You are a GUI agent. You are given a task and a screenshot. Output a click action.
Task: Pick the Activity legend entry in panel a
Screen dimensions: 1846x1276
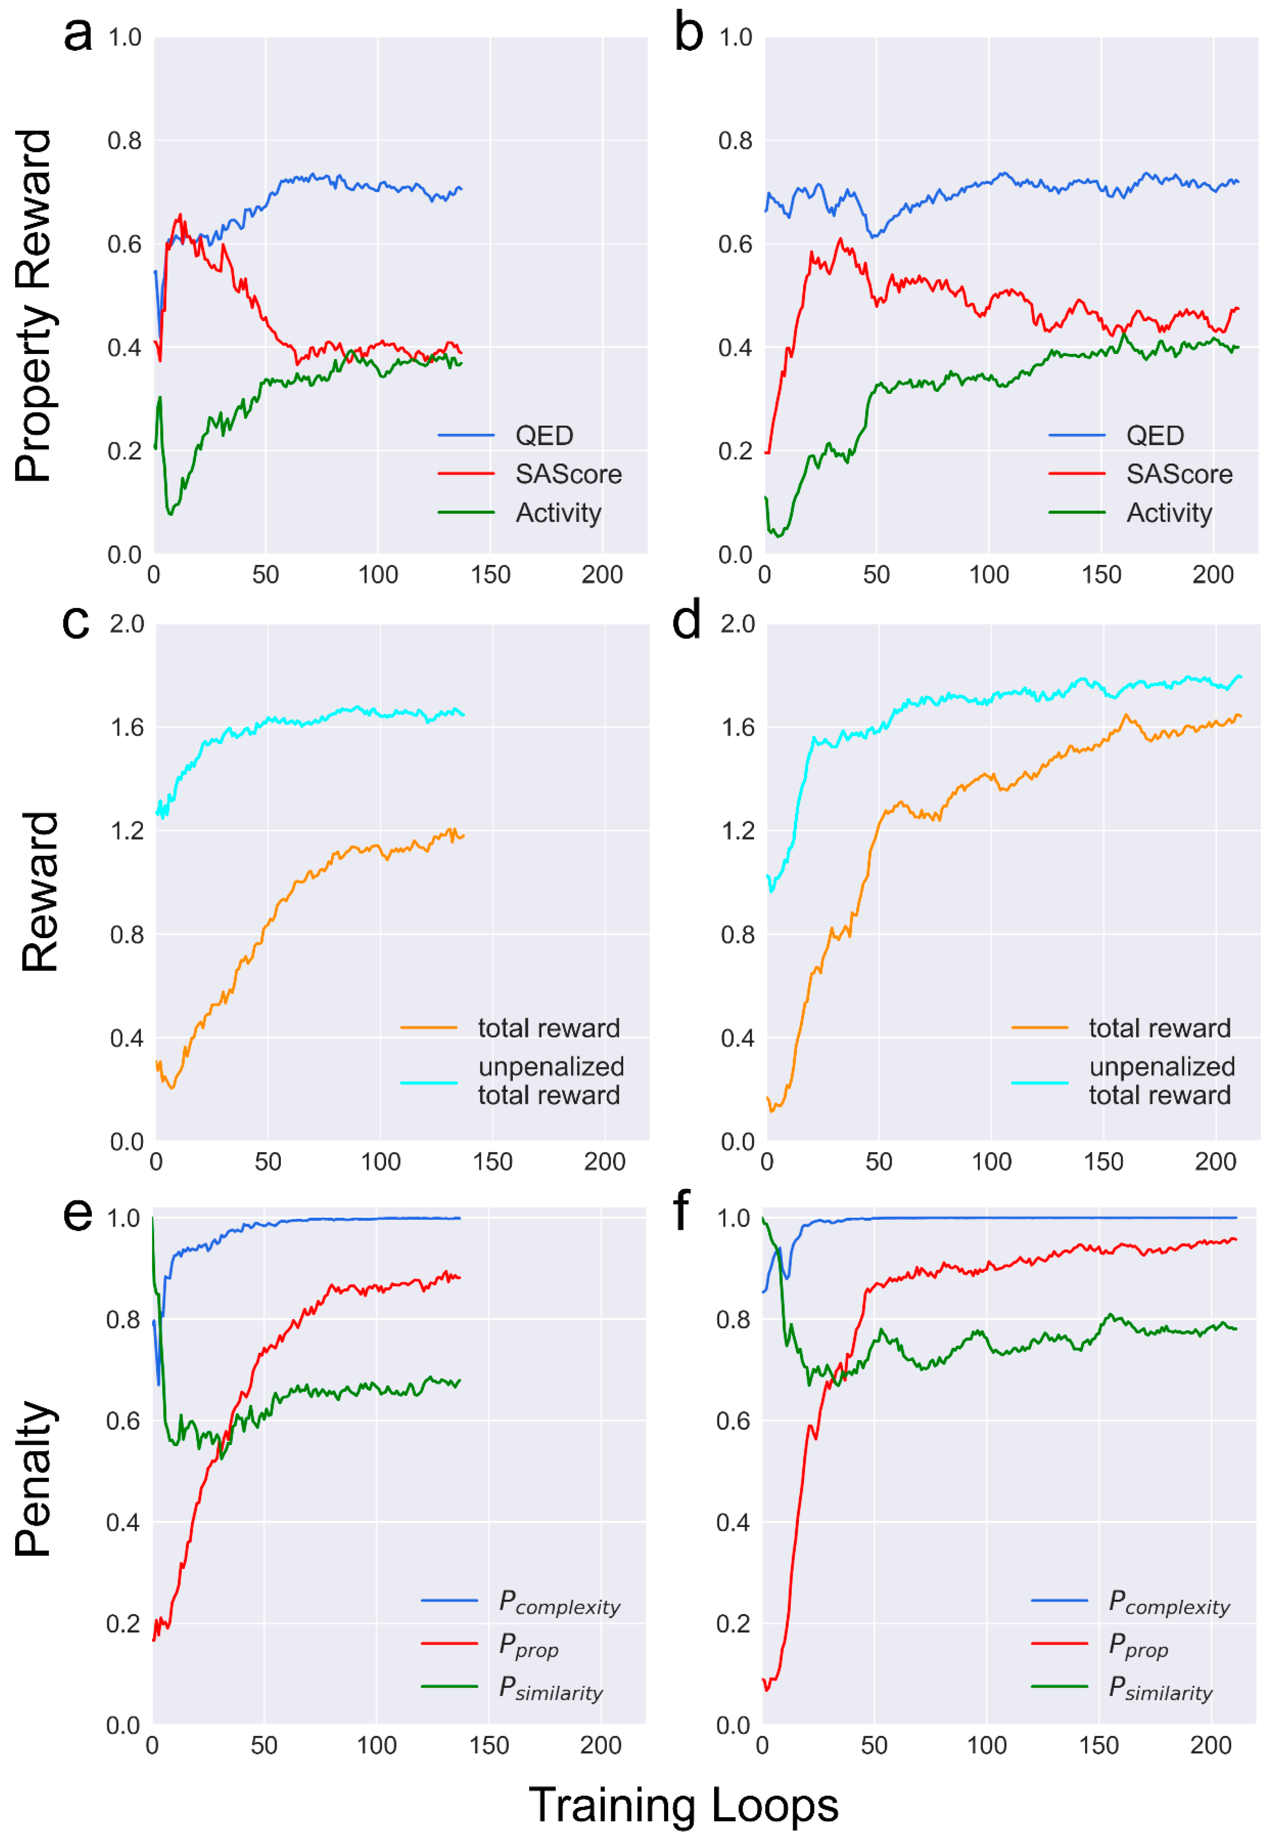point(558,513)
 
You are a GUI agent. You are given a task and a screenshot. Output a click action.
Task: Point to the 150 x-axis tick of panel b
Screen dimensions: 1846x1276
point(1101,575)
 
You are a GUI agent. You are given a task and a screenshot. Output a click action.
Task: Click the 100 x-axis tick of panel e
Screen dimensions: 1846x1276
point(376,1745)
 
